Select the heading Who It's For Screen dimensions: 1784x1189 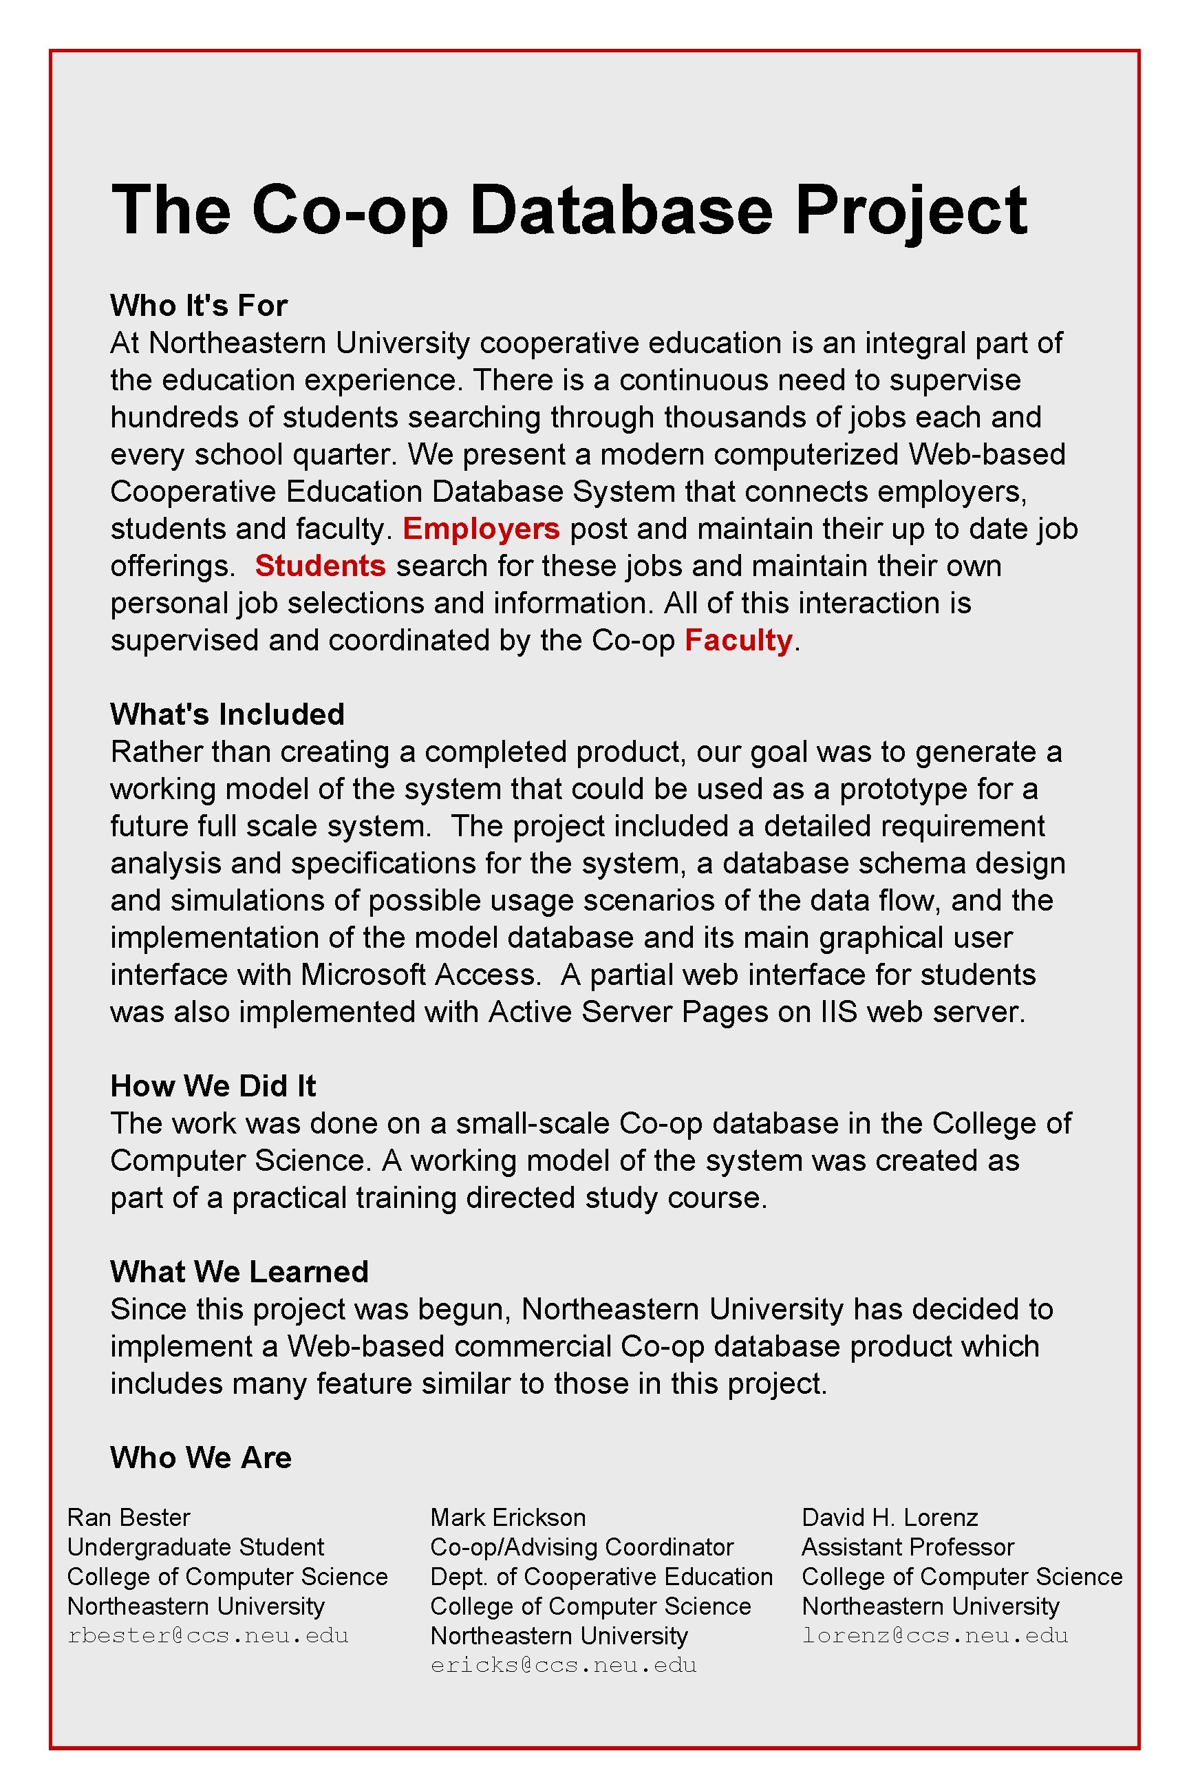(x=199, y=306)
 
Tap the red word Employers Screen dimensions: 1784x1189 (x=481, y=529)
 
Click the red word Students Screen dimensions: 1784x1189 (x=320, y=566)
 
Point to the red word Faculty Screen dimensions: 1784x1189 (x=738, y=640)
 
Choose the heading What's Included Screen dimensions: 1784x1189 (x=227, y=714)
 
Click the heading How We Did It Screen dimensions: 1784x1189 (x=213, y=1086)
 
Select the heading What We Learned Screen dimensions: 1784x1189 (x=239, y=1272)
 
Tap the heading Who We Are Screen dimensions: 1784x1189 (x=201, y=1458)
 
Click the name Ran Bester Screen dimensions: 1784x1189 (x=128, y=1517)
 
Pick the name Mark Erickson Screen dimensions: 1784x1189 (x=507, y=1517)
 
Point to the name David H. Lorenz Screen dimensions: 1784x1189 (x=890, y=1517)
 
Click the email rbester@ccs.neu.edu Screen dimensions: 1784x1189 (x=208, y=1635)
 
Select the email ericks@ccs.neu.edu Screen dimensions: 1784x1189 (x=564, y=1665)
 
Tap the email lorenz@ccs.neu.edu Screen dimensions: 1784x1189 (x=935, y=1635)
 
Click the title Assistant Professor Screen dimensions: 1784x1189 (x=908, y=1547)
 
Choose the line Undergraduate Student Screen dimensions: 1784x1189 (x=195, y=1547)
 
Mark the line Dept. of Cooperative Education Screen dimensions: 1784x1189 (x=601, y=1576)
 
